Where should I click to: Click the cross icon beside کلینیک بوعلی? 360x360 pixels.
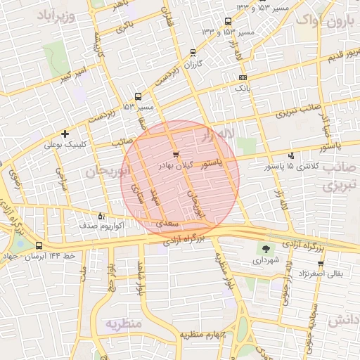[65, 133]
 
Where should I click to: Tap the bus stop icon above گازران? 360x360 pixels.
[193, 52]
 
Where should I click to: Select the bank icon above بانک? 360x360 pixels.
[243, 77]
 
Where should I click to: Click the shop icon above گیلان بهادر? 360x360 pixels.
[175, 153]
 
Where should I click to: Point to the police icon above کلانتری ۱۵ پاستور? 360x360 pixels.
[292, 156]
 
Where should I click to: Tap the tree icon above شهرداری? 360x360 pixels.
[266, 248]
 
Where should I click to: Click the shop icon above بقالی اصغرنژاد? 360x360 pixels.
[321, 264]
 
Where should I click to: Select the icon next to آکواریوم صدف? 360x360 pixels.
[101, 216]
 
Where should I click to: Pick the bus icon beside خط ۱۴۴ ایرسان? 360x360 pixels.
[38, 246]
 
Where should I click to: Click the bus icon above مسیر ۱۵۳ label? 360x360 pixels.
[138, 96]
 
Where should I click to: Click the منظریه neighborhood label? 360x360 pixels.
[124, 323]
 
